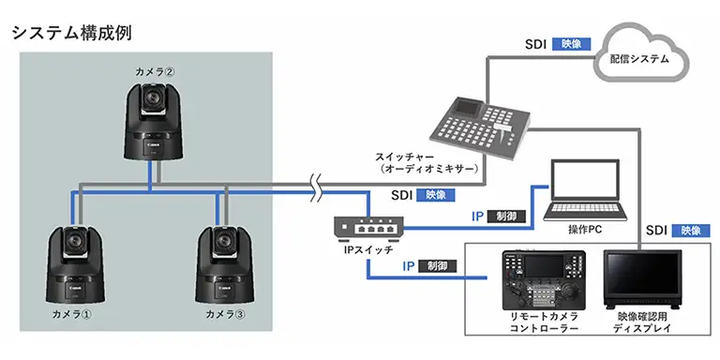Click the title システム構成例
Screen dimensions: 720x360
tap(72, 33)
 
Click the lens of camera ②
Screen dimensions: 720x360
tap(153, 97)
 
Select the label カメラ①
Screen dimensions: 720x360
tap(71, 315)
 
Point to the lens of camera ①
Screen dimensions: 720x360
tap(74, 240)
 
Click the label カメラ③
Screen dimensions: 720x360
tap(225, 315)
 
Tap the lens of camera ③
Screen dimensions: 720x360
tap(225, 240)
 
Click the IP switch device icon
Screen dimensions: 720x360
tap(368, 228)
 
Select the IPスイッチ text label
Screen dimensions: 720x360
tap(368, 250)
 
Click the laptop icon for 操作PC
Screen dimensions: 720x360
tap(585, 189)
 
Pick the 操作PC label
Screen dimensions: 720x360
tap(585, 230)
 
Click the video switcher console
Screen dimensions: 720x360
tap(479, 128)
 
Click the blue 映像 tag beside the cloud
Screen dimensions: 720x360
tap(571, 44)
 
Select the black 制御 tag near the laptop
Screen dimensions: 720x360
tap(506, 217)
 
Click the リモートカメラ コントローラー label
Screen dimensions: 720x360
tap(545, 322)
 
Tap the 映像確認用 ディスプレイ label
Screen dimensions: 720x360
tap(642, 322)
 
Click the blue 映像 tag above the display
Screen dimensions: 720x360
tap(691, 231)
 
